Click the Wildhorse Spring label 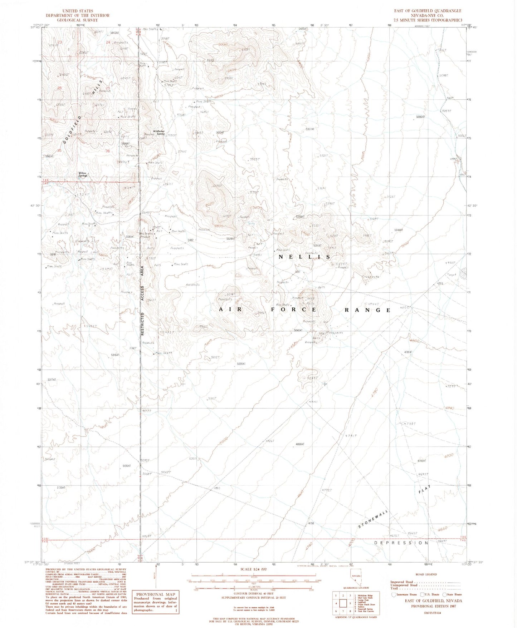[x=159, y=132]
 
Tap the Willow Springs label [x=83, y=175]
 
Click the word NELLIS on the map [x=304, y=257]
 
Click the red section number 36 [x=107, y=151]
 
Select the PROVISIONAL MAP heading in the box [x=155, y=595]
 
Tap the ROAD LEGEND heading [x=426, y=574]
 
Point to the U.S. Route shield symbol [x=422, y=594]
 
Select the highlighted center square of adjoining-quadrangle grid [x=343, y=604]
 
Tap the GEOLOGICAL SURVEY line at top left [x=77, y=20]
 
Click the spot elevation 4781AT [x=408, y=352]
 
